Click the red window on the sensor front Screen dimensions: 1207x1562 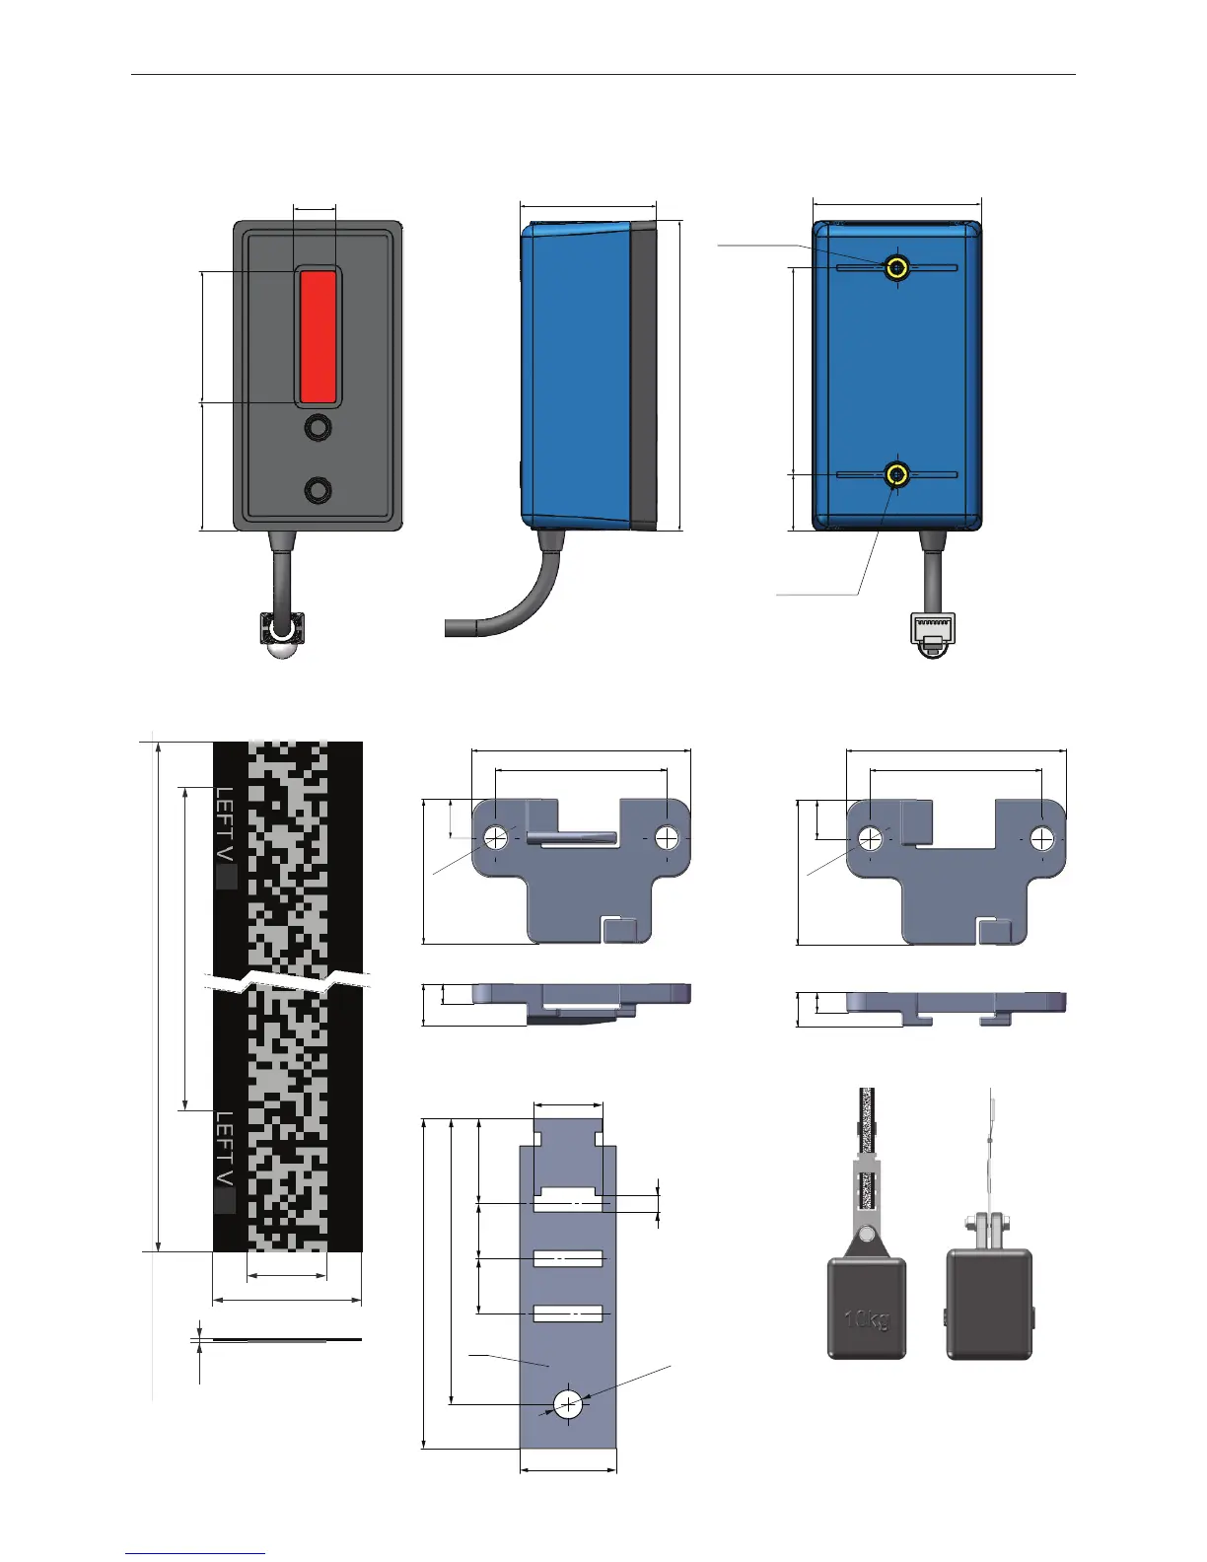(x=318, y=337)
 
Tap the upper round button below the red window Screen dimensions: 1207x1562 (x=318, y=428)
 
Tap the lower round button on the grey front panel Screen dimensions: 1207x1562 (x=318, y=490)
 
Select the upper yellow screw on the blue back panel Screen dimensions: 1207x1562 (x=896, y=267)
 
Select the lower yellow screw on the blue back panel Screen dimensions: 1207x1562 (x=896, y=476)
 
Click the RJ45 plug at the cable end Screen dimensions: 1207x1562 (x=931, y=633)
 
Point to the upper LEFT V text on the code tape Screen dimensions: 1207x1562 (x=225, y=824)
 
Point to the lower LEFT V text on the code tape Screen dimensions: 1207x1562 (x=225, y=1149)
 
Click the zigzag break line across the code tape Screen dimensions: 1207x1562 (x=286, y=981)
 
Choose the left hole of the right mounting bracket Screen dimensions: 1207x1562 (x=870, y=838)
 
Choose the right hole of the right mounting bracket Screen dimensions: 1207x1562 (x=1042, y=838)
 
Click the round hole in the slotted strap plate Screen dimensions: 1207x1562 (x=568, y=1404)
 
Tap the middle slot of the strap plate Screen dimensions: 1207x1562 (x=568, y=1258)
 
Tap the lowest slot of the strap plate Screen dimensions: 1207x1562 (x=568, y=1313)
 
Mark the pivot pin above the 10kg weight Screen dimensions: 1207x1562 (x=866, y=1236)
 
